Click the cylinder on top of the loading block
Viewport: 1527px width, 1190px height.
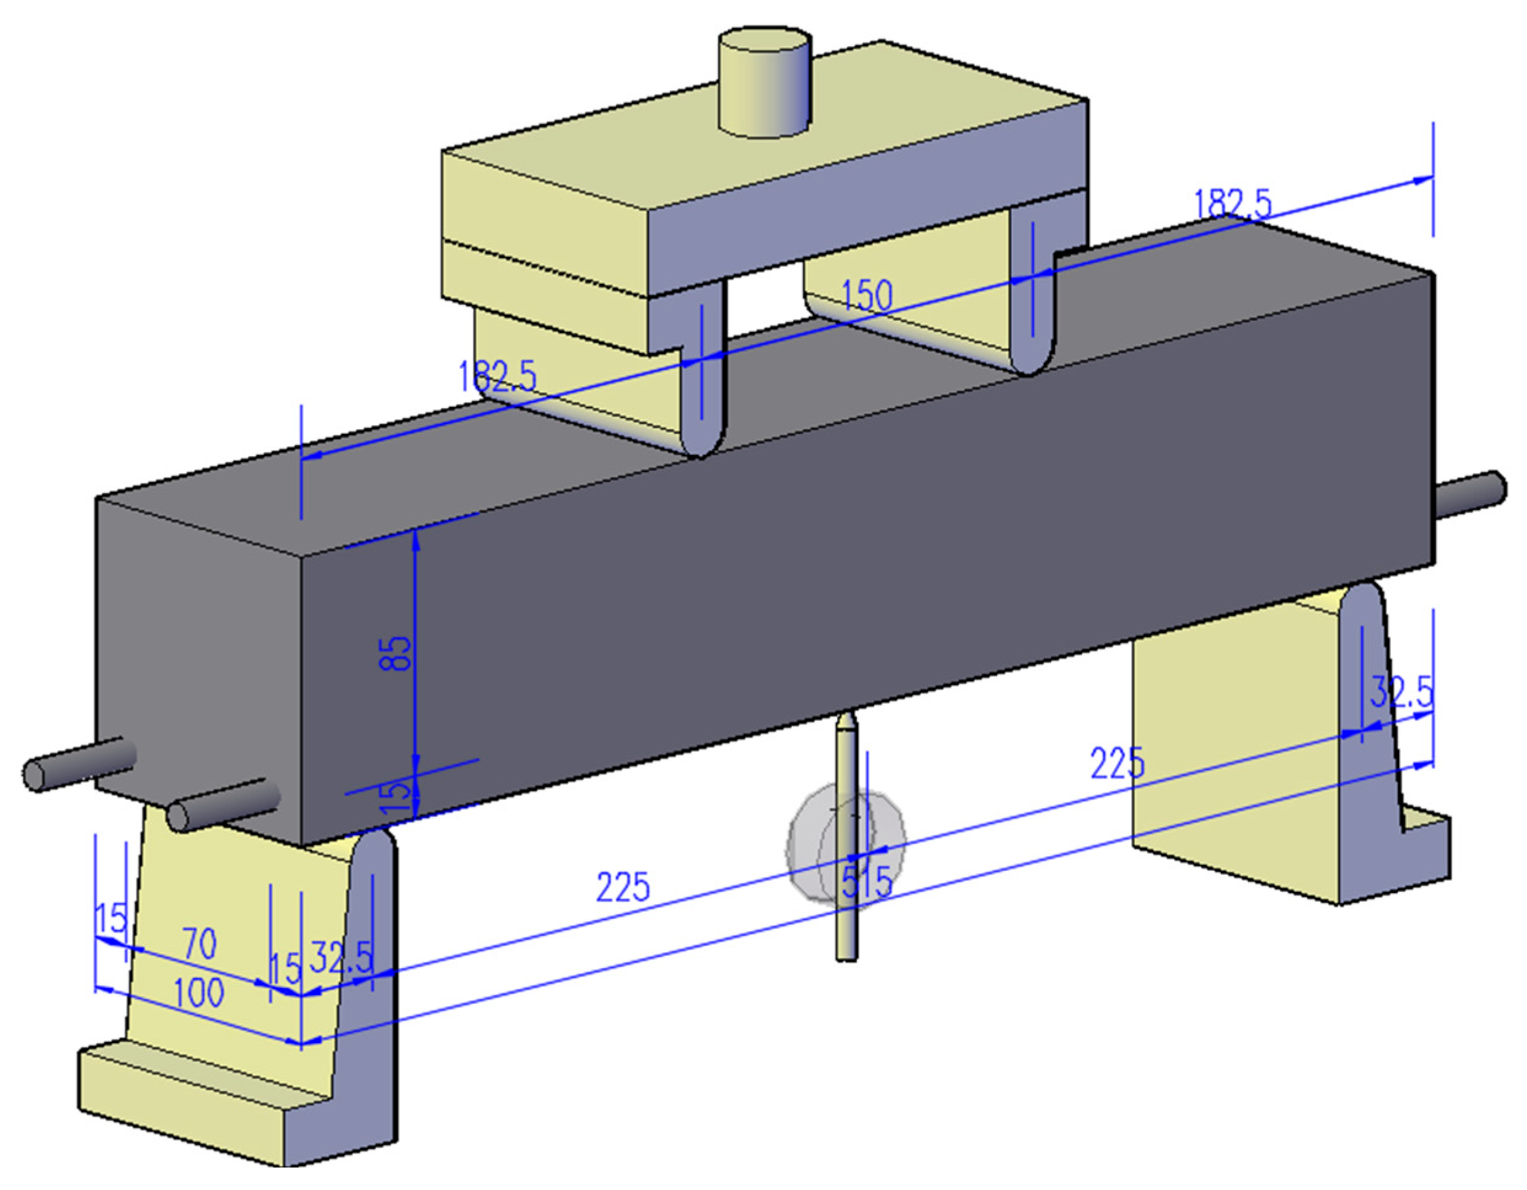tap(765, 84)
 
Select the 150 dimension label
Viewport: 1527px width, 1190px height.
tap(867, 296)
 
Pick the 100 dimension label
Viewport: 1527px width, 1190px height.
tap(199, 993)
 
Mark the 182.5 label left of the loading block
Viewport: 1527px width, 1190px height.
tap(497, 376)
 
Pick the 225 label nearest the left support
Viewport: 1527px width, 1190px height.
tap(622, 886)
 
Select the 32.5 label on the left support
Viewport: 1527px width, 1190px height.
tap(341, 957)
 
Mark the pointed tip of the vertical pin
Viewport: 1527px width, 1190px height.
tap(846, 716)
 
